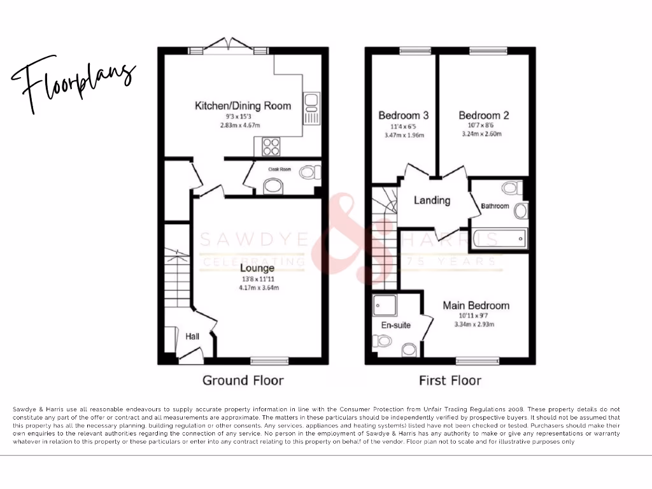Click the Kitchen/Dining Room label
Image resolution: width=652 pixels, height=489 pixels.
[243, 105]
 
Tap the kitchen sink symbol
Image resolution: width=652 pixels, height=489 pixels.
[311, 108]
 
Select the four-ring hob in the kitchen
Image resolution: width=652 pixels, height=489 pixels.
[271, 147]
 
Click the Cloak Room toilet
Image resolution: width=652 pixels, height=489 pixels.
[310, 171]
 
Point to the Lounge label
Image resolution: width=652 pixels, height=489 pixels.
[258, 268]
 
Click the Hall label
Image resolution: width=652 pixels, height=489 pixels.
[193, 336]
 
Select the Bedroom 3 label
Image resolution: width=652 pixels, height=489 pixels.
[403, 115]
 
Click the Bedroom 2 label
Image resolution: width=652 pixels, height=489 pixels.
[484, 115]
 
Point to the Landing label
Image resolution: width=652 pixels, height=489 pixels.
[432, 200]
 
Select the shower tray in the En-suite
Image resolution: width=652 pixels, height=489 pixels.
[386, 305]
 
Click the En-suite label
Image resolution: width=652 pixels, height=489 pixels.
[395, 325]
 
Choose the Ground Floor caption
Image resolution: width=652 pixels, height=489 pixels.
[243, 380]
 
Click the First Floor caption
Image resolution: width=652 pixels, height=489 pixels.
[450, 380]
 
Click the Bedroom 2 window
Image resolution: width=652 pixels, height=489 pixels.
[488, 50]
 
